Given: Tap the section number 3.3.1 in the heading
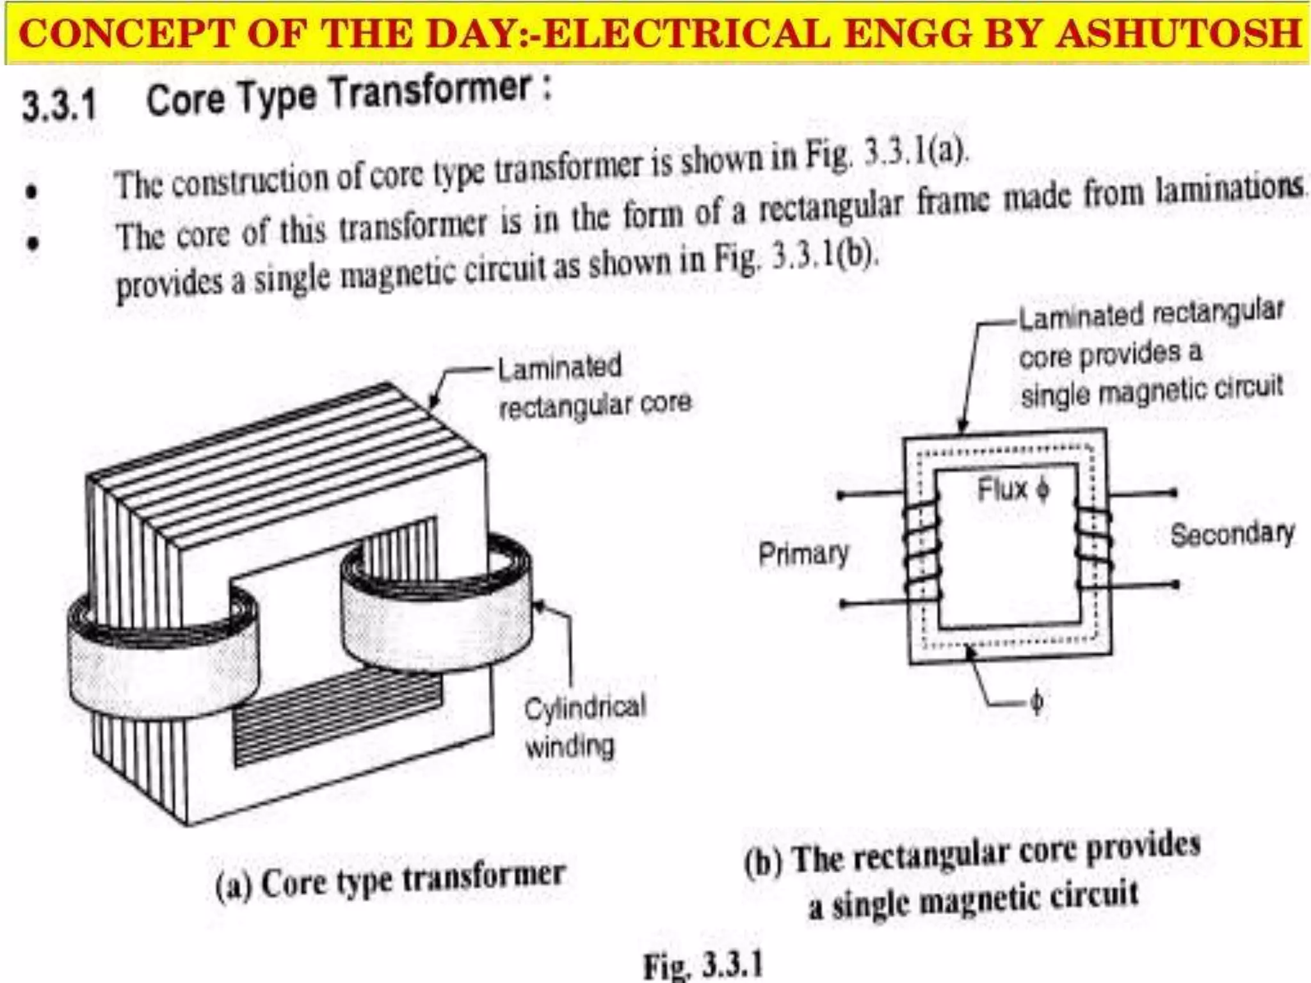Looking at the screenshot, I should [x=59, y=105].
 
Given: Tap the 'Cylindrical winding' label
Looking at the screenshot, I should [x=584, y=726].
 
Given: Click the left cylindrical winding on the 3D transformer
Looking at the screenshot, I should [x=163, y=659].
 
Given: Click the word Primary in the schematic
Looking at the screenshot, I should [x=803, y=554].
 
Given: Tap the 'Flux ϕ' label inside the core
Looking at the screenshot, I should [x=1013, y=490].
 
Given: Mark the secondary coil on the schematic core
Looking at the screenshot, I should [x=1093, y=548].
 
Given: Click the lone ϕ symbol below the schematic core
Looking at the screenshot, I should [x=1036, y=702].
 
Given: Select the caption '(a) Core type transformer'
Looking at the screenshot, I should [x=390, y=880].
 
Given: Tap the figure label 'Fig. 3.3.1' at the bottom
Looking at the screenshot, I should [x=703, y=964].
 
